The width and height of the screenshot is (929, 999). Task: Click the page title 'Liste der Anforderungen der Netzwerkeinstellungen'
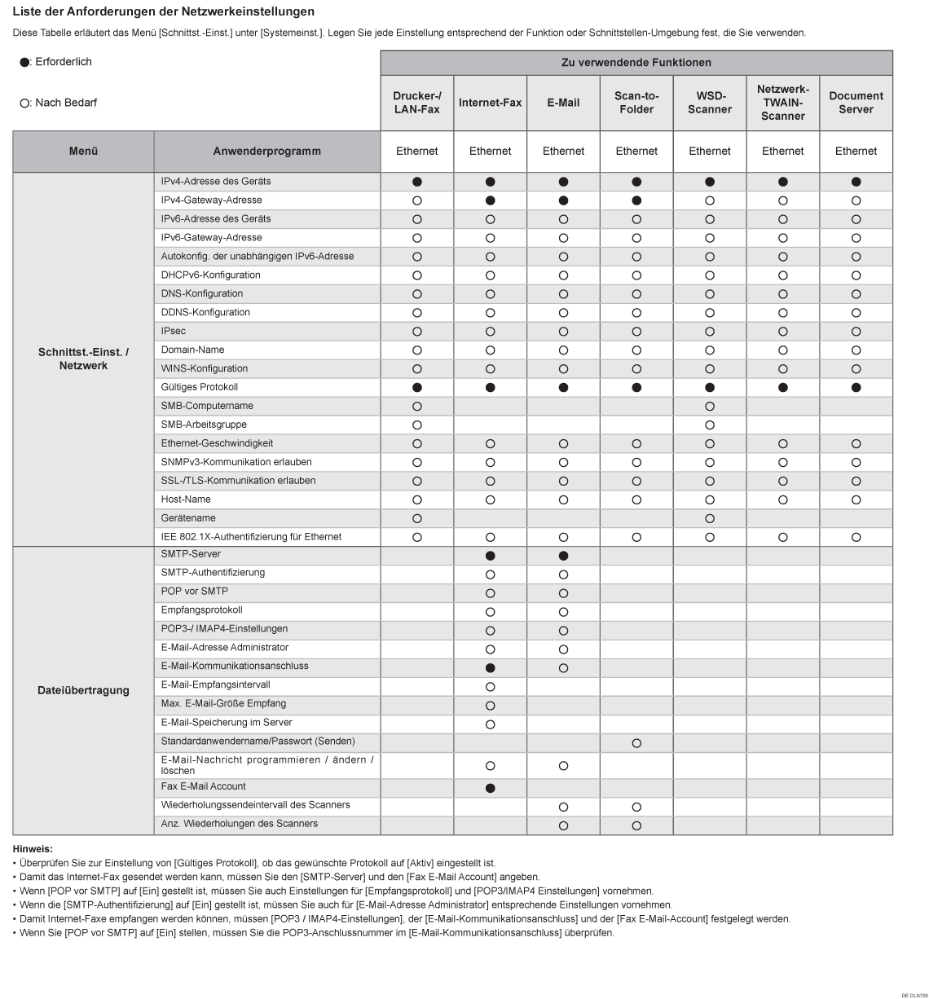pyautogui.click(x=164, y=12)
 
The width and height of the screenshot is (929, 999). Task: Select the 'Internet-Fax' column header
pyautogui.click(x=490, y=103)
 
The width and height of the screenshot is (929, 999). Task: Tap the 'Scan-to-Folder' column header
pyautogui.click(x=636, y=103)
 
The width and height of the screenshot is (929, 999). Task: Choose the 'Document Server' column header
pyautogui.click(x=856, y=103)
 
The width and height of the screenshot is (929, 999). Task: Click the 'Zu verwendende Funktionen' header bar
pyautogui.click(x=636, y=63)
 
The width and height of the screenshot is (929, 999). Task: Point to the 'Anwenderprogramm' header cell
pyautogui.click(x=266, y=151)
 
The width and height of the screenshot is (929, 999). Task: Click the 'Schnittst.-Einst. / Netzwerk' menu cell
pyautogui.click(x=83, y=359)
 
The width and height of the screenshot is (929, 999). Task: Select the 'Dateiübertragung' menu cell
pyautogui.click(x=83, y=690)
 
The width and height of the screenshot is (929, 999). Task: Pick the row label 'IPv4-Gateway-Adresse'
pyautogui.click(x=212, y=200)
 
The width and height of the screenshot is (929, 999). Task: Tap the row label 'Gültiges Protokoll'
pyautogui.click(x=200, y=387)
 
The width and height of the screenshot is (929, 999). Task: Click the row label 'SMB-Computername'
pyautogui.click(x=207, y=406)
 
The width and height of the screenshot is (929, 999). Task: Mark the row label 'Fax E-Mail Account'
pyautogui.click(x=204, y=786)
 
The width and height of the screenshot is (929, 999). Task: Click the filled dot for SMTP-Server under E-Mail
pyautogui.click(x=563, y=556)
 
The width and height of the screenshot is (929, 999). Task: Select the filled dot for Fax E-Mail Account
pyautogui.click(x=490, y=788)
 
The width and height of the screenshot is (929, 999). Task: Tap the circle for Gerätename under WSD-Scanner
pyautogui.click(x=710, y=519)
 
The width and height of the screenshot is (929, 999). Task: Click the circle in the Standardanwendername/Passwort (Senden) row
pyautogui.click(x=636, y=743)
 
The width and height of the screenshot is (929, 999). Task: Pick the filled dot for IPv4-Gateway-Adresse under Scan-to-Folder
pyautogui.click(x=636, y=200)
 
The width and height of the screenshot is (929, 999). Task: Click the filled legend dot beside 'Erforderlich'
pyautogui.click(x=24, y=63)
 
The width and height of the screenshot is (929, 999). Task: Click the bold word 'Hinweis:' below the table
pyautogui.click(x=33, y=849)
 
